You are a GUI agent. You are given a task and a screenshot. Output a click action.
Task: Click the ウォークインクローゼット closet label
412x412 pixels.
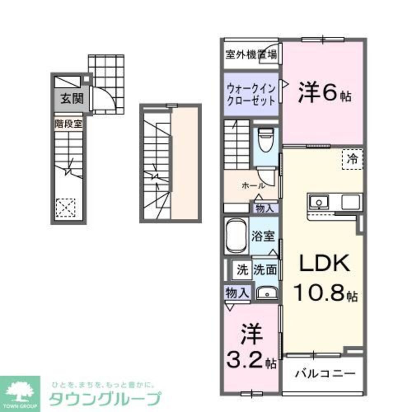(251, 94)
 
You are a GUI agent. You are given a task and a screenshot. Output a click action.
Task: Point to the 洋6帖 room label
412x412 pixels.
(325, 93)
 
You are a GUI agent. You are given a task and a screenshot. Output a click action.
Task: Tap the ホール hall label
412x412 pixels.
(250, 186)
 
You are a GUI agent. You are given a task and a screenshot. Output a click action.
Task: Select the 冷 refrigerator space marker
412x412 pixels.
(352, 158)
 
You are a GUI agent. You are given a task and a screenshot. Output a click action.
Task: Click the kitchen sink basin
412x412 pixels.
(318, 202)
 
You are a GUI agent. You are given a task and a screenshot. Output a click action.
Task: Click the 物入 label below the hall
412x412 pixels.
(265, 208)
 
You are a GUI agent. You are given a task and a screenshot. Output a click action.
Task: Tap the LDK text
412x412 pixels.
(325, 264)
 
